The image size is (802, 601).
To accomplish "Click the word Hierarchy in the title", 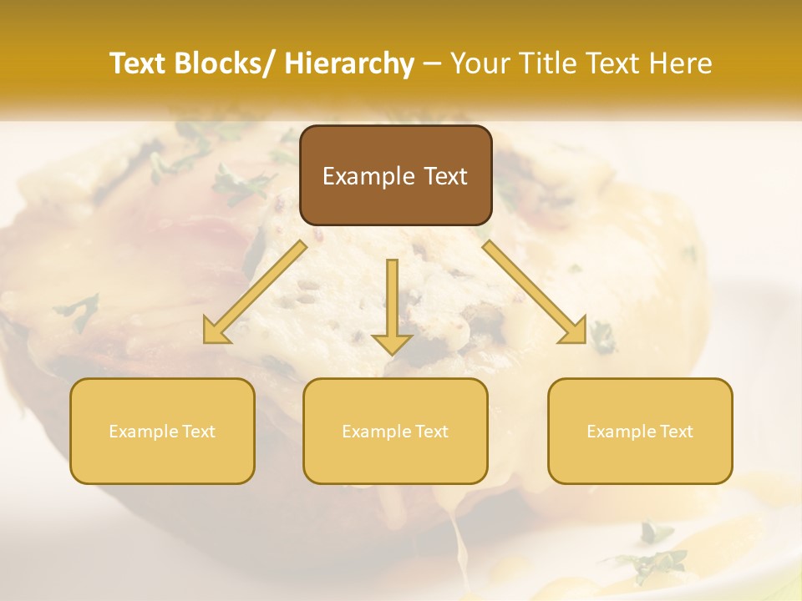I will [349, 64].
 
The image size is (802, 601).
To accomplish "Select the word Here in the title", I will [680, 64].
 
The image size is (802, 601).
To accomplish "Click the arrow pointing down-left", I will [256, 291].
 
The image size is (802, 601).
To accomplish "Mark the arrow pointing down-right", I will [535, 291].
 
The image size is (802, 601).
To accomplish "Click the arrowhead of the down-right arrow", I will [575, 331].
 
